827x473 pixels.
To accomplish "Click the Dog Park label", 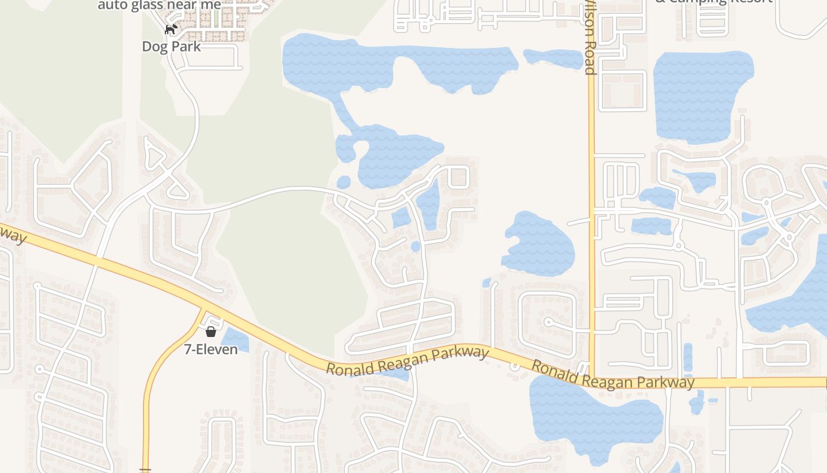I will [x=171, y=46].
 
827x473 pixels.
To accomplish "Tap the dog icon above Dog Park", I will [x=171, y=30].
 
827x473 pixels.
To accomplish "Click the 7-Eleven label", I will [x=211, y=349].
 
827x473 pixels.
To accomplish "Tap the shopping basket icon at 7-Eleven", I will [x=211, y=332].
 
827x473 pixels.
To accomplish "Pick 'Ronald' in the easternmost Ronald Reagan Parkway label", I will [x=553, y=370].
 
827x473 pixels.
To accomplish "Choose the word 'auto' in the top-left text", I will [x=112, y=5].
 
